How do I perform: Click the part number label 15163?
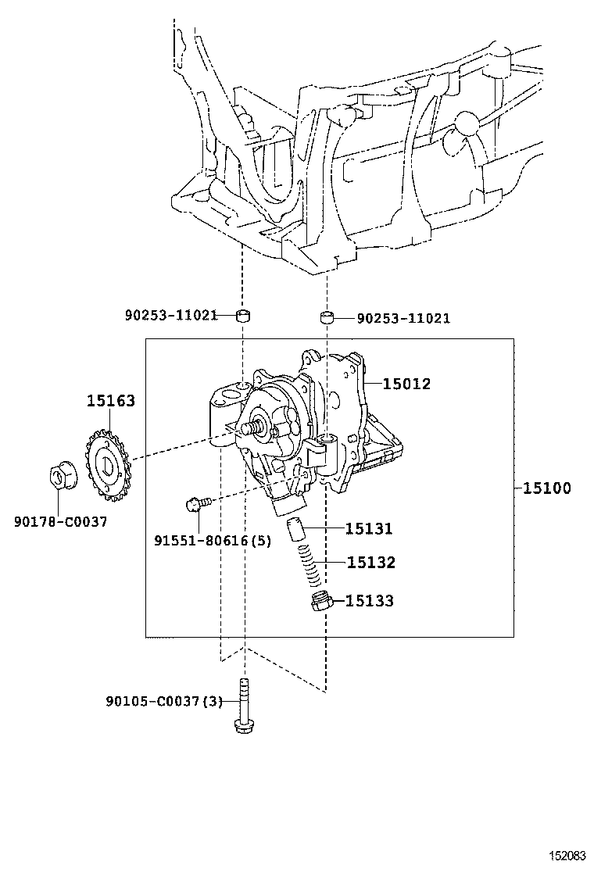point(111,400)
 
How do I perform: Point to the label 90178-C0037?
point(60,521)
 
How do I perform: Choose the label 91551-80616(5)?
point(213,540)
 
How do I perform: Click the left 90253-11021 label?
point(171,316)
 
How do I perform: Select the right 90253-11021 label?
point(403,319)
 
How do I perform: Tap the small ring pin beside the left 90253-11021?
point(243,316)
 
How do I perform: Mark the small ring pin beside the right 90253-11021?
point(327,318)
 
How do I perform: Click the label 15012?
point(406,384)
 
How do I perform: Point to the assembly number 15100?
point(547,488)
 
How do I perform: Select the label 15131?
point(369,529)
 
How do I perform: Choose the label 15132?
point(371,563)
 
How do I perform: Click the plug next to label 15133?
point(320,601)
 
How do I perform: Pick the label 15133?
point(370,601)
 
